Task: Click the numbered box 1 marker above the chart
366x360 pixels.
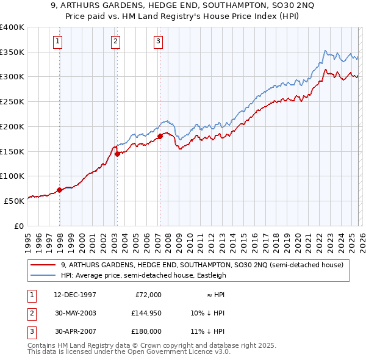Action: tap(57, 41)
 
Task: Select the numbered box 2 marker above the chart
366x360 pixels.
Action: tap(115, 41)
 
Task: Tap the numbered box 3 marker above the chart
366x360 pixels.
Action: tap(158, 41)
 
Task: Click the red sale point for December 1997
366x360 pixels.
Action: tap(60, 190)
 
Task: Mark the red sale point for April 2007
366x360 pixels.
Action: tap(160, 136)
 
